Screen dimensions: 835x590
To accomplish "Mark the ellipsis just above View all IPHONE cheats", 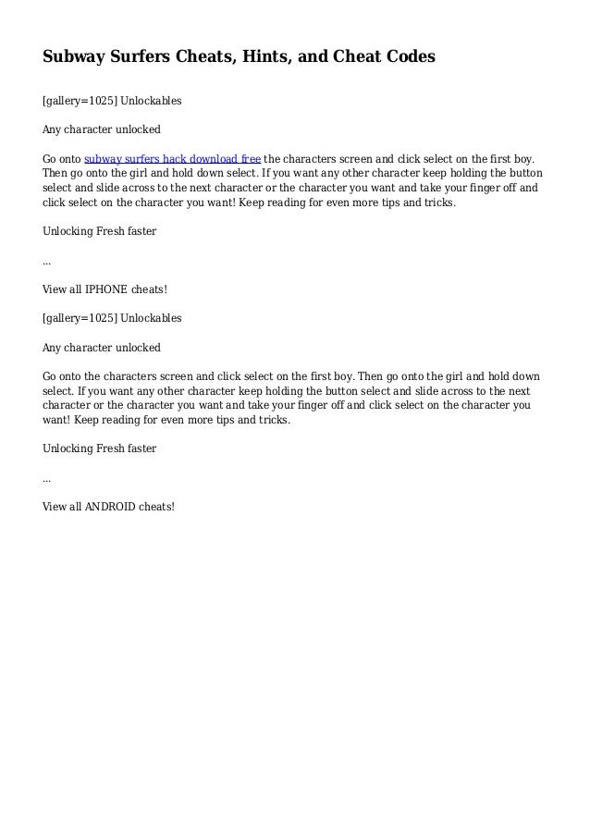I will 47,263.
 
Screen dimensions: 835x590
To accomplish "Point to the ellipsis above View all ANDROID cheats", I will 47,480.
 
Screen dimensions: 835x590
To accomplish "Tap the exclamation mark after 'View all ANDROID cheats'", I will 172,507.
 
